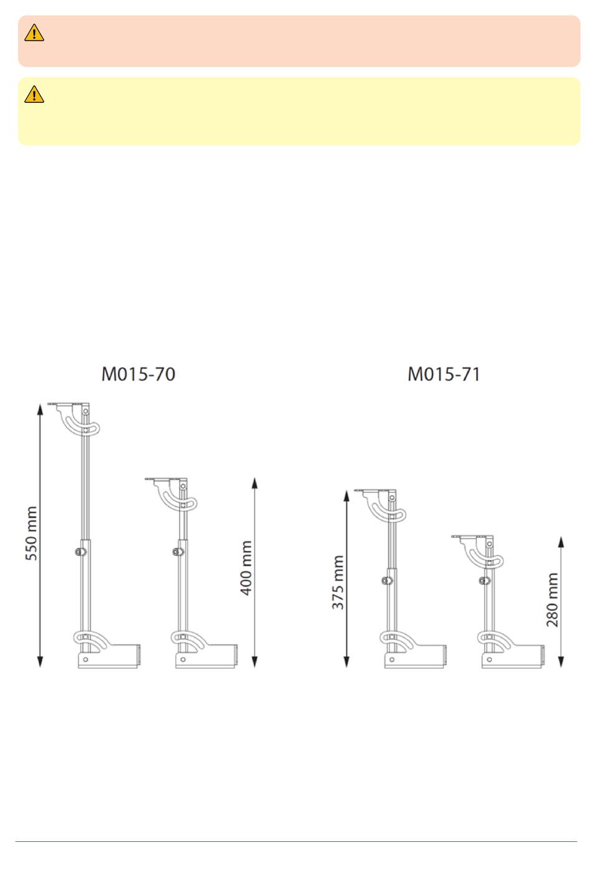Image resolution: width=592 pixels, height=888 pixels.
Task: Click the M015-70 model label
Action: [x=138, y=375]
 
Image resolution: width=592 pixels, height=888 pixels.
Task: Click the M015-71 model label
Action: [x=444, y=375]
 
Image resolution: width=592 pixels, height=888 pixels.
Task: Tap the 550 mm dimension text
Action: [x=31, y=533]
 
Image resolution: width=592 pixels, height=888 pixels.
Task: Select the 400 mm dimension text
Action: [x=246, y=568]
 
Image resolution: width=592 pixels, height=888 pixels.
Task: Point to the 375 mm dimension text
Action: [x=338, y=583]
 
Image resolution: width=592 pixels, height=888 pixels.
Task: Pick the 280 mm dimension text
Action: [x=552, y=599]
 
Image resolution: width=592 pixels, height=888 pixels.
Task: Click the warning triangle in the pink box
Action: [x=34, y=33]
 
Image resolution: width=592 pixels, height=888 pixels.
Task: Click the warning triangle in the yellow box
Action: [x=34, y=94]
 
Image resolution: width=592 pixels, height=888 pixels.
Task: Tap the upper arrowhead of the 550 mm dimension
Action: [x=40, y=409]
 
